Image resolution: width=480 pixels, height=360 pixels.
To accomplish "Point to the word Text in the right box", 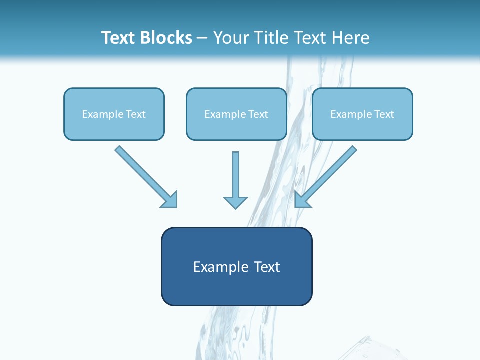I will pos(384,114).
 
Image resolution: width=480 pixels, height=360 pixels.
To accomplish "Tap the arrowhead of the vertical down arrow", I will pos(235,203).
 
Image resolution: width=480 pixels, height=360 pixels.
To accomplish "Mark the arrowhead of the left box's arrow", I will pos(170,200).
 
